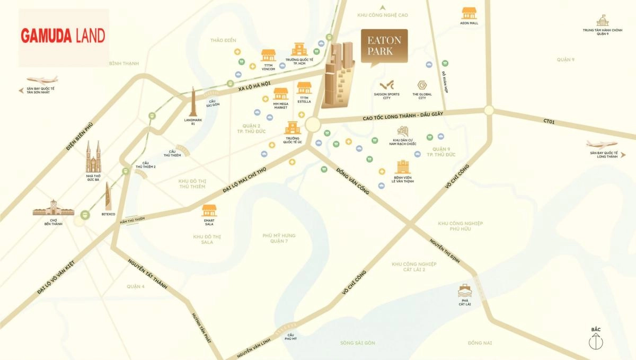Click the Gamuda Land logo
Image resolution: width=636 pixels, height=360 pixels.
point(63,36)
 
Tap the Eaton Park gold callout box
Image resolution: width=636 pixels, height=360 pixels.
point(384,46)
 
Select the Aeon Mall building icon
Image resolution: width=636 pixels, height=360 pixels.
point(469,13)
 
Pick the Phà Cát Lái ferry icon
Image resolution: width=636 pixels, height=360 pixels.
point(465,291)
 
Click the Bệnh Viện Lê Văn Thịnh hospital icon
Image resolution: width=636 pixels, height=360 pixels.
point(402,166)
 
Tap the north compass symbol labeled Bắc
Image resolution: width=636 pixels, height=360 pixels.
point(596,341)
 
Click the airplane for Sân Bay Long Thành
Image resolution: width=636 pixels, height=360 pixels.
point(602,144)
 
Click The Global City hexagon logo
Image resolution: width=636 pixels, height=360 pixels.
point(422,85)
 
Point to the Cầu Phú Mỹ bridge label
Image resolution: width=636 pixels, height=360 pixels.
point(290,337)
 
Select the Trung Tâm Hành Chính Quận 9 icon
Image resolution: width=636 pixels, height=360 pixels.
point(603,21)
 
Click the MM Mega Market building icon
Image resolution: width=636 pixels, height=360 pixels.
point(280,94)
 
